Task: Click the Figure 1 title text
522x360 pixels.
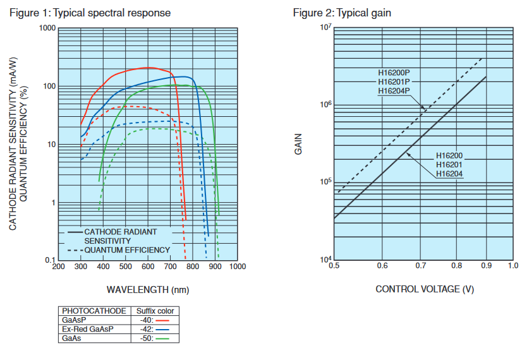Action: [x=90, y=13]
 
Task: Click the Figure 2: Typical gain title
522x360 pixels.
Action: [x=342, y=13]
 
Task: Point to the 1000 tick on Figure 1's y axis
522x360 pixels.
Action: [x=47, y=28]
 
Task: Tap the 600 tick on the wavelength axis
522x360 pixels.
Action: [x=148, y=267]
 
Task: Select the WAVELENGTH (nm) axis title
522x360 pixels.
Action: [x=148, y=290]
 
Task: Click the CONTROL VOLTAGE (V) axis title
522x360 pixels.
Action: [x=425, y=289]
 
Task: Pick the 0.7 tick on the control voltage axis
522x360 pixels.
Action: [x=420, y=265]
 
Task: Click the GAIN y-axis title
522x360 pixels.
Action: [x=298, y=144]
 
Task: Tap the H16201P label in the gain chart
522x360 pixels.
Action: [x=394, y=82]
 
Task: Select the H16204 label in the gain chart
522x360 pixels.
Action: [x=449, y=174]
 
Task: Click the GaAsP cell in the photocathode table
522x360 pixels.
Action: [x=74, y=320]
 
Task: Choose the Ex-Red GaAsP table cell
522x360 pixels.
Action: [x=88, y=329]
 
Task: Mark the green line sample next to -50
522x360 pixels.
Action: [x=162, y=339]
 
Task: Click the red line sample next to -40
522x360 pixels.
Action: [x=162, y=321]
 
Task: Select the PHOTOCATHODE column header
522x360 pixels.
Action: [x=94, y=311]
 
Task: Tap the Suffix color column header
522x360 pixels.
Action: [x=155, y=311]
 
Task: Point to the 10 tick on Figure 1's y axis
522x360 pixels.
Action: [x=52, y=145]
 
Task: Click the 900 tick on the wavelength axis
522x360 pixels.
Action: [x=215, y=267]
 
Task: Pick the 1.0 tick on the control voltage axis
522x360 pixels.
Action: [x=513, y=265]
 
